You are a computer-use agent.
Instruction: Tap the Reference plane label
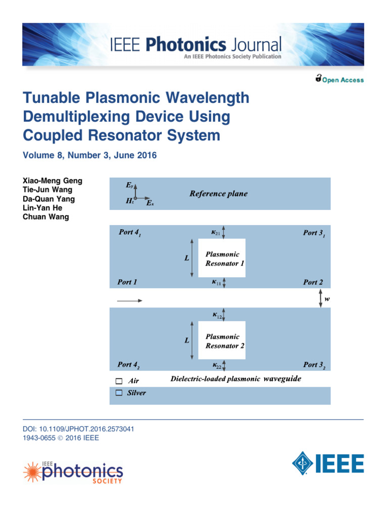pos(218,193)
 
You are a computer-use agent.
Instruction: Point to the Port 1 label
pos(127,282)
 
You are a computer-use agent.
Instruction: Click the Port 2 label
pos(313,282)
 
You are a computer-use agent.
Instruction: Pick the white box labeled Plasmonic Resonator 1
pos(222,258)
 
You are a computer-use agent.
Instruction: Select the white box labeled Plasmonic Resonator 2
pos(222,340)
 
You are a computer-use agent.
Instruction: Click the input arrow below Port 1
pos(130,300)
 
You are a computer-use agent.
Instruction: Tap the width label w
pos(327,299)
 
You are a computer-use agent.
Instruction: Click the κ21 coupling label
pos(216,232)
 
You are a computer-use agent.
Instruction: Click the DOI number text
pos(78,429)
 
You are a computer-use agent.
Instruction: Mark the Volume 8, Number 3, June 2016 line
pos(90,156)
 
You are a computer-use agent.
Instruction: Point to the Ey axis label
pos(129,185)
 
